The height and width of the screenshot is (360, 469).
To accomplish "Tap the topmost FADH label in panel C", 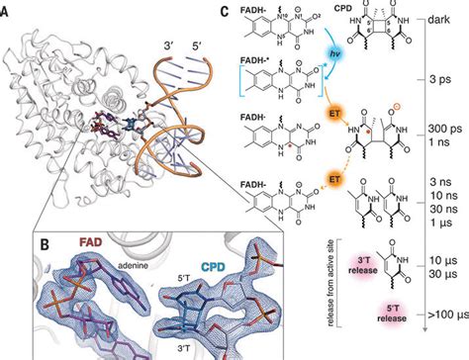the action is tap(245, 20).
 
